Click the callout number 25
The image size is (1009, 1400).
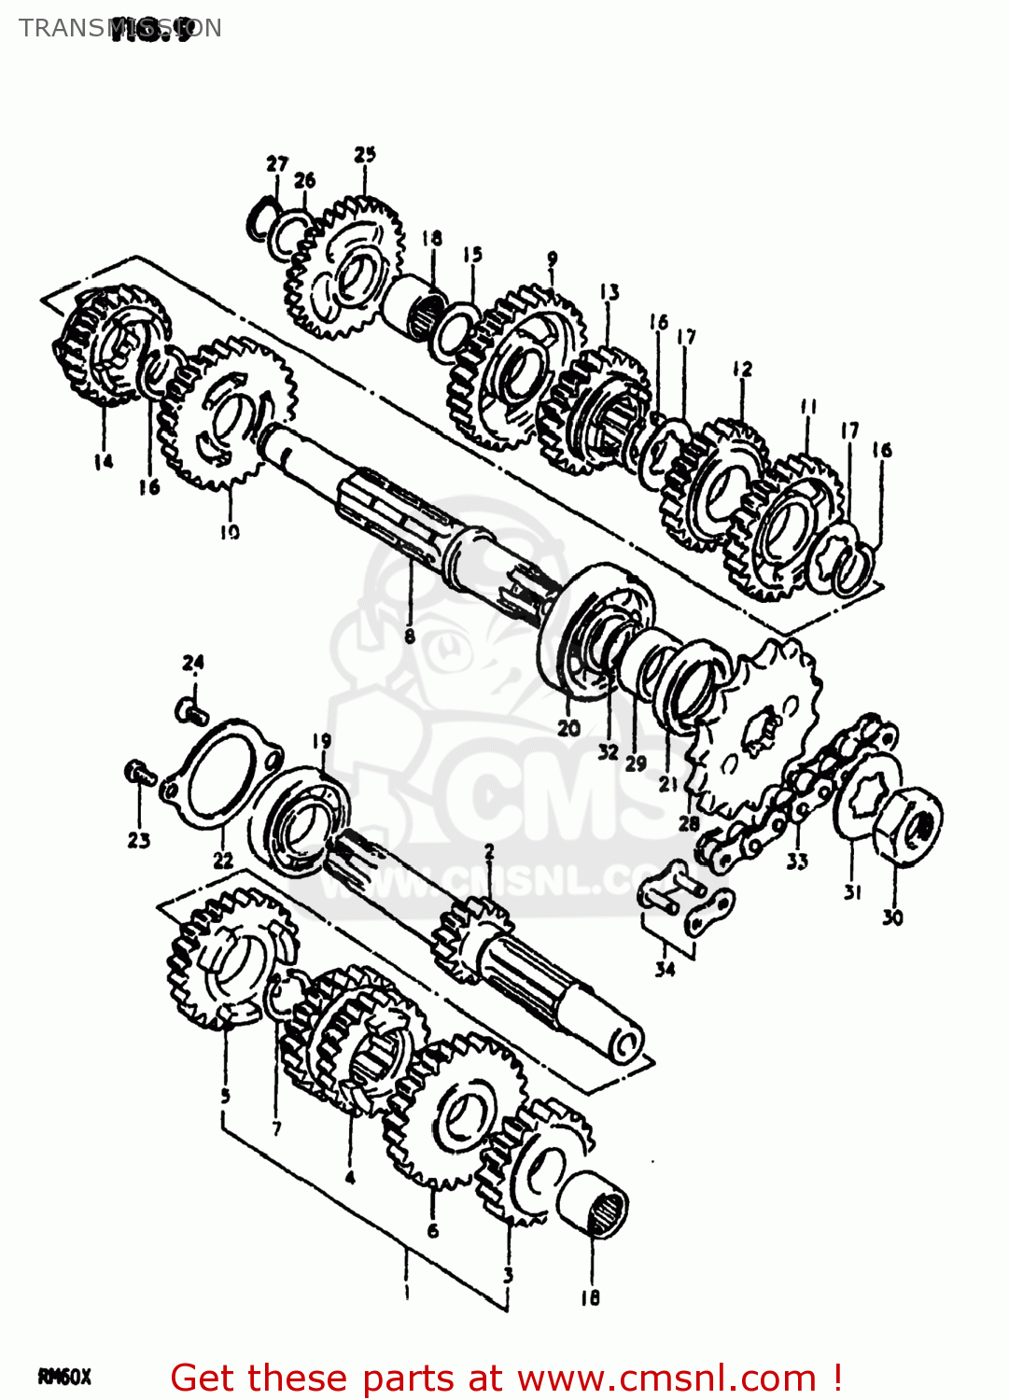point(365,154)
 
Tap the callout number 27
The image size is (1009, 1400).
point(277,163)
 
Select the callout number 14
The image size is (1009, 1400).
point(103,461)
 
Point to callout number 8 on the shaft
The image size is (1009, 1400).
point(410,637)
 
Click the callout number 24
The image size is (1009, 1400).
point(193,663)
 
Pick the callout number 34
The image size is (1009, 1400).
point(665,969)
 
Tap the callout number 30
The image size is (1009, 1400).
point(892,917)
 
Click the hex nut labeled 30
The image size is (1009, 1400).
point(907,825)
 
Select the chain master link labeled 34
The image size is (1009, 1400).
point(685,898)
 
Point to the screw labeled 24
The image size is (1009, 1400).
point(190,711)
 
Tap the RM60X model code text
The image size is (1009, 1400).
point(64,1377)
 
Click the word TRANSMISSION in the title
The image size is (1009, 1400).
point(119,28)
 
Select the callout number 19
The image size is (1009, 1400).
point(321,741)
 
